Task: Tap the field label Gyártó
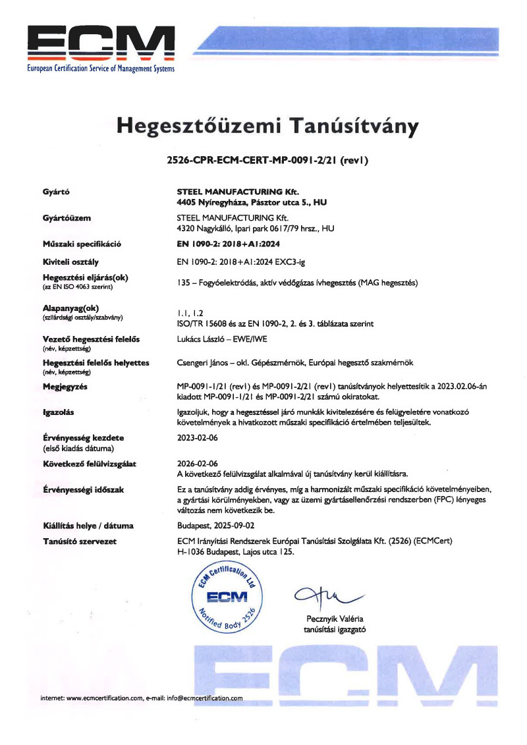pyautogui.click(x=57, y=192)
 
